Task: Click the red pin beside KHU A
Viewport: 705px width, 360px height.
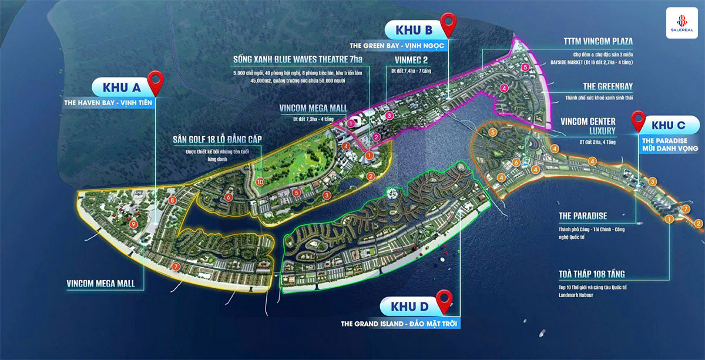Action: click(x=156, y=83)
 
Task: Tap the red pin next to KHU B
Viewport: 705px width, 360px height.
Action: click(x=449, y=25)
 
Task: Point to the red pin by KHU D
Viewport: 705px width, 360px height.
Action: click(x=445, y=302)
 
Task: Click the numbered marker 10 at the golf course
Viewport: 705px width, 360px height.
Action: click(x=260, y=182)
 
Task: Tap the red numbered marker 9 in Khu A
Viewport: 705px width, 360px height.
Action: click(x=133, y=224)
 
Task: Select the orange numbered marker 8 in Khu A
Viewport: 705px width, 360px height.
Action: click(x=172, y=200)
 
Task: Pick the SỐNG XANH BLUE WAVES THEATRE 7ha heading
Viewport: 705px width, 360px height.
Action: click(x=300, y=59)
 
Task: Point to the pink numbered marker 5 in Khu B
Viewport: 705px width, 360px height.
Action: click(x=525, y=68)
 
